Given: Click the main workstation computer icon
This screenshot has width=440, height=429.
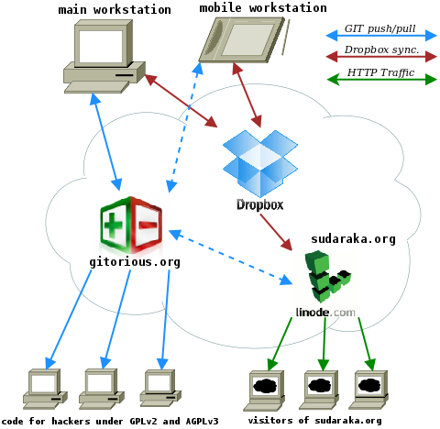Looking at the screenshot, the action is [x=104, y=57].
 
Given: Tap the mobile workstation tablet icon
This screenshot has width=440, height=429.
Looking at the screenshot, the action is [x=241, y=39].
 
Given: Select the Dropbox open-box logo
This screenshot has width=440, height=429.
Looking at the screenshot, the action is [x=260, y=163].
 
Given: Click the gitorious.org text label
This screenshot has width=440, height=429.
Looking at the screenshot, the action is [x=135, y=262].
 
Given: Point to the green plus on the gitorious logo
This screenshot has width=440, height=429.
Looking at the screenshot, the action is [x=113, y=225].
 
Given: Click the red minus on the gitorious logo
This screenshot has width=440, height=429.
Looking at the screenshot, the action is [x=148, y=225].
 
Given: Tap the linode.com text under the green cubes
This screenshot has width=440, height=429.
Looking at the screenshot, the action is [x=325, y=313].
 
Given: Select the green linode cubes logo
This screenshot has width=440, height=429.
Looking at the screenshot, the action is [x=327, y=277].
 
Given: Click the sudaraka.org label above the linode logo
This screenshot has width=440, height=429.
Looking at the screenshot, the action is [x=353, y=239].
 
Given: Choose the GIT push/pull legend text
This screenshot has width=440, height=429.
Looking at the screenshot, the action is [x=379, y=28].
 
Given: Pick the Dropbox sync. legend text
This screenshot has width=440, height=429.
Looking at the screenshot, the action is [x=381, y=49].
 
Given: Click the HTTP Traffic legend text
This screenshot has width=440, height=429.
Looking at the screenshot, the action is [x=380, y=72].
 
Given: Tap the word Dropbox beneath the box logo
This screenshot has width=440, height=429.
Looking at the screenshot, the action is [x=260, y=204].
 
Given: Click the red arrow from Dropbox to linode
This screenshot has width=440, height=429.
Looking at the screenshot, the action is [x=276, y=232].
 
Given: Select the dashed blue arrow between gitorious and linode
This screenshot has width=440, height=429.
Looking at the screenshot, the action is [x=230, y=258].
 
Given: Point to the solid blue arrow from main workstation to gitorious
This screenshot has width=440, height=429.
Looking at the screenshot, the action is [x=106, y=142].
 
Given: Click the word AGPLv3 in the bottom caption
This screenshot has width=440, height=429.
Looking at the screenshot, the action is [x=203, y=422].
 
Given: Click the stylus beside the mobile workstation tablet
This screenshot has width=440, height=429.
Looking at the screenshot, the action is [x=286, y=38].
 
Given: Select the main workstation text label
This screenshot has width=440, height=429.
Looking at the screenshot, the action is [x=115, y=10].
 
